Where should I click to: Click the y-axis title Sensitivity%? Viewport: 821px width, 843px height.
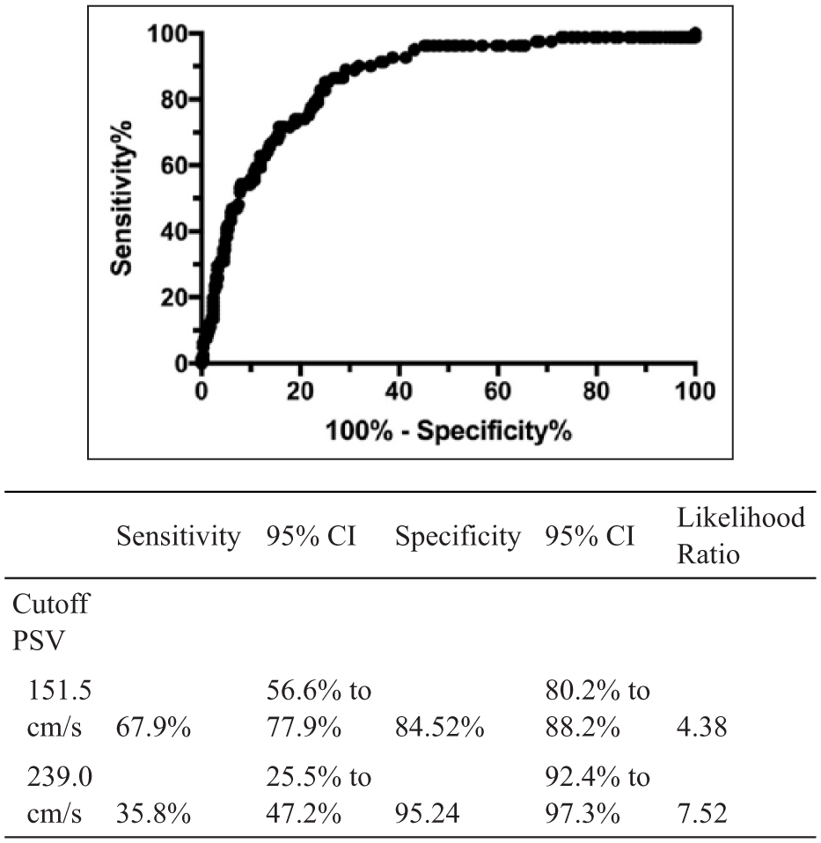click(x=121, y=198)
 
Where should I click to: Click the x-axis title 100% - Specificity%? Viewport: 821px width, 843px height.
click(x=449, y=431)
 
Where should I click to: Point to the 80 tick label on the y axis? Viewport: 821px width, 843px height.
click(x=173, y=99)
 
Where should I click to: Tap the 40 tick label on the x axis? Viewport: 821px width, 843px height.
click(x=399, y=391)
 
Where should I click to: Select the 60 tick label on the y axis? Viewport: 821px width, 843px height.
click(x=173, y=165)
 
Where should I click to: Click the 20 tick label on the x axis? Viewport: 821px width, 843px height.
click(x=300, y=391)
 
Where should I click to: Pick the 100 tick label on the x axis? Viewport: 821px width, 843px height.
click(x=695, y=391)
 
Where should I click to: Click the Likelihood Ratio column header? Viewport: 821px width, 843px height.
click(x=741, y=536)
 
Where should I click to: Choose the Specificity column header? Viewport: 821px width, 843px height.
click(x=458, y=537)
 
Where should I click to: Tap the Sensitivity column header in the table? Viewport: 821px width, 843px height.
click(x=179, y=537)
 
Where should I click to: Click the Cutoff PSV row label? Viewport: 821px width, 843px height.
click(x=50, y=622)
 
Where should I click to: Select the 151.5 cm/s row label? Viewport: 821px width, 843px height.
click(x=59, y=708)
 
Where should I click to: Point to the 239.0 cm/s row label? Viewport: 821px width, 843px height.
click(x=59, y=795)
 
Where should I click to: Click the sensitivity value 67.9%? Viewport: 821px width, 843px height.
click(x=154, y=728)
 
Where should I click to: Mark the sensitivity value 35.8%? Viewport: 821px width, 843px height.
click(x=154, y=814)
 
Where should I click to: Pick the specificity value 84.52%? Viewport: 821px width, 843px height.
click(x=440, y=728)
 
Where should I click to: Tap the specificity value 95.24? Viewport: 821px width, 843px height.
click(x=428, y=814)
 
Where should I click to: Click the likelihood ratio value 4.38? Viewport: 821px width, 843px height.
click(x=701, y=728)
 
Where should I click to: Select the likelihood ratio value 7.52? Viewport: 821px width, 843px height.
click(x=701, y=814)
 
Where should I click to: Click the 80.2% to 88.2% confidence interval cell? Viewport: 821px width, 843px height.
click(x=597, y=708)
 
